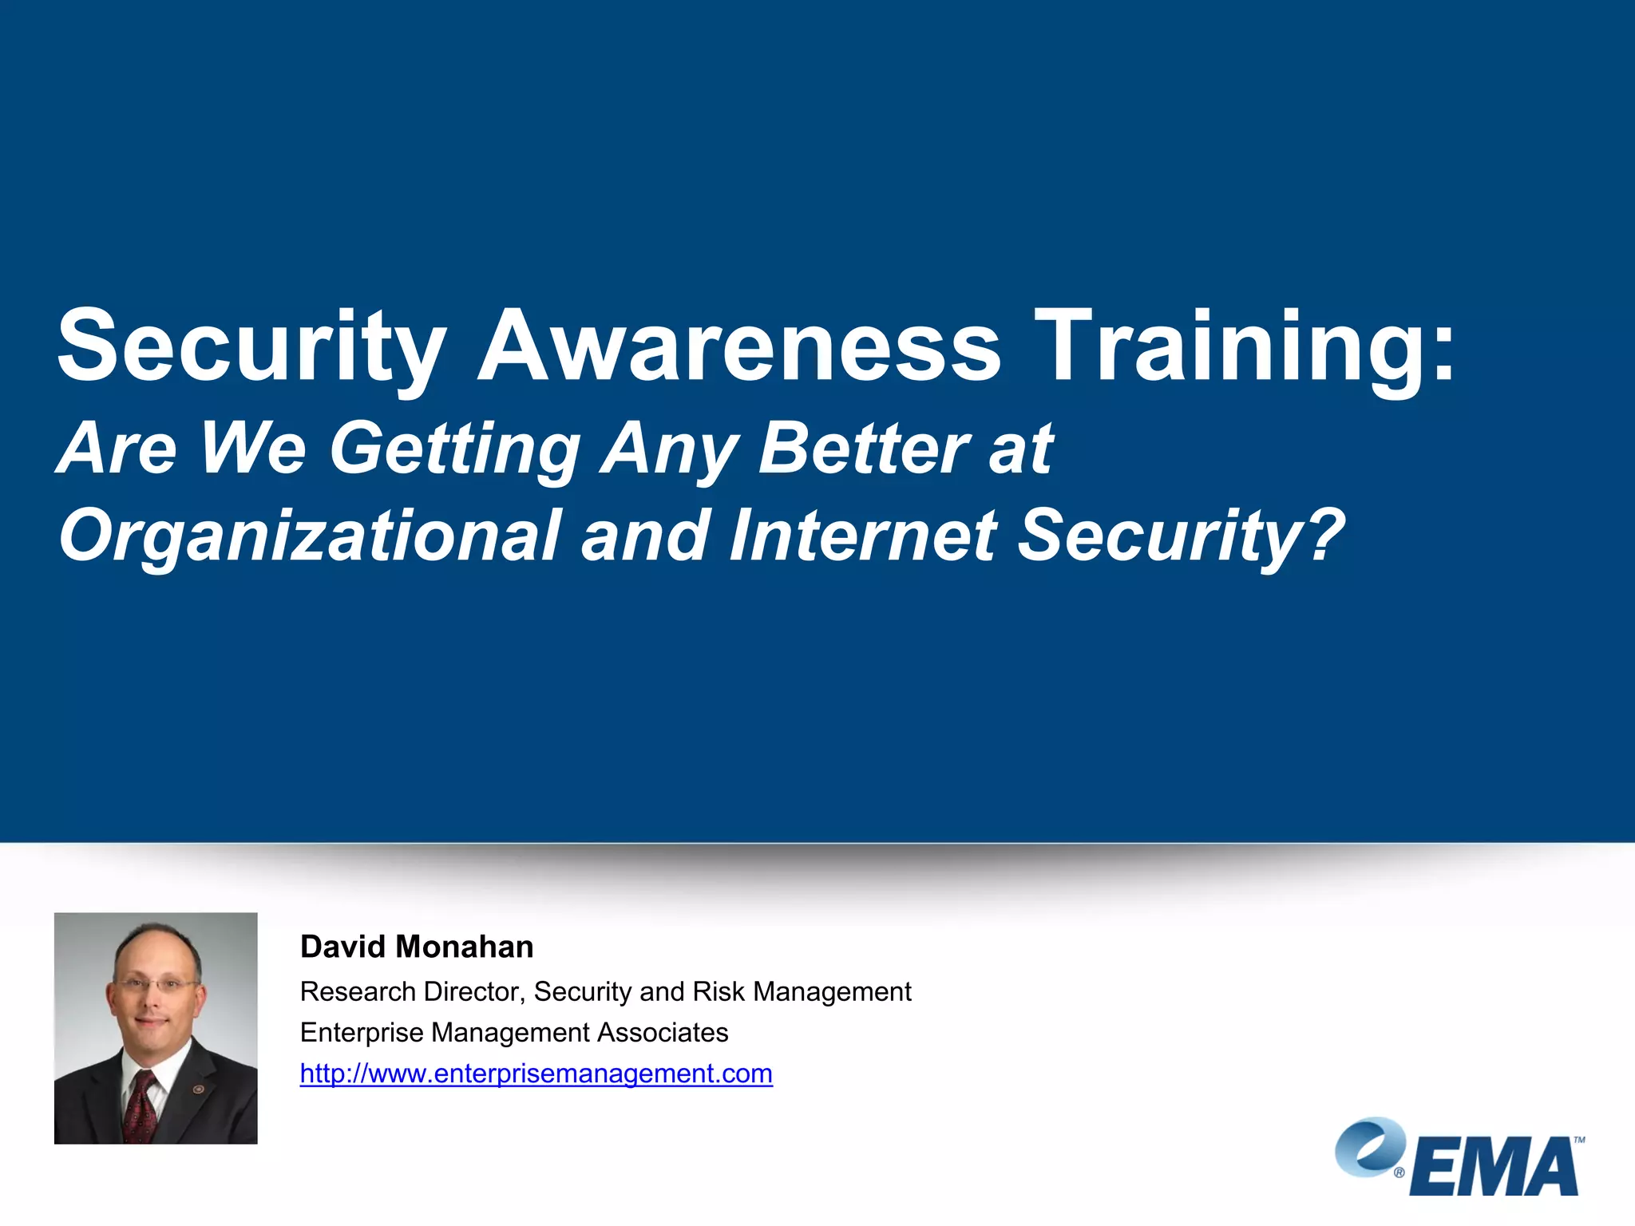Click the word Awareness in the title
click(738, 347)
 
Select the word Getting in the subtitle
click(455, 449)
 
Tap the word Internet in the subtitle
click(862, 535)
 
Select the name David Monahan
click(416, 947)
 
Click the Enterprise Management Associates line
click(513, 1032)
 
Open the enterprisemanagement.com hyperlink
click(536, 1074)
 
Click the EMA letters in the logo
click(1493, 1167)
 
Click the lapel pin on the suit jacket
click(199, 1089)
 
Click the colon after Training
click(1442, 355)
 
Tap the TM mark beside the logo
click(1578, 1140)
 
